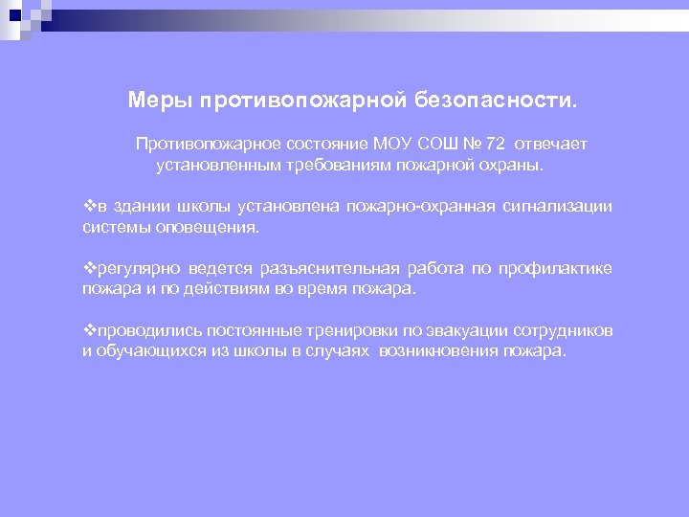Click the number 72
pos(495,144)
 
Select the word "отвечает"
pos(551,144)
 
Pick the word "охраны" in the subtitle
pos(508,165)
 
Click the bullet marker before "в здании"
pos(89,207)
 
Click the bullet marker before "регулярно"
pos(89,269)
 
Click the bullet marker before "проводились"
pos(89,331)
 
